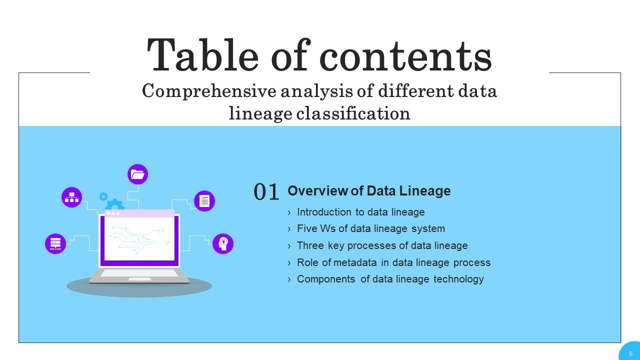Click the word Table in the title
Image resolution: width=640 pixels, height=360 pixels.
[x=203, y=55]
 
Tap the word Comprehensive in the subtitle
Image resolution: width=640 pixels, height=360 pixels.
[x=209, y=91]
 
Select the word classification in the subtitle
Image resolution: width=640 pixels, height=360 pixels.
[x=353, y=113]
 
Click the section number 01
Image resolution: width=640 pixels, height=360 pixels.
[x=266, y=191]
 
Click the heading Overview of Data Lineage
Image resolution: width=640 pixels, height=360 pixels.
[x=369, y=191]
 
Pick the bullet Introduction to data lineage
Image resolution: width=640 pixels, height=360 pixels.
[x=360, y=212]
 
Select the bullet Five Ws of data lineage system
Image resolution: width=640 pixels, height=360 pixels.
[x=371, y=229]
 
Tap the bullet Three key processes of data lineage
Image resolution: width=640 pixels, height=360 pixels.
[x=382, y=245]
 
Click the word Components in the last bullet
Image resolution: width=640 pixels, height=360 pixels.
[x=326, y=279]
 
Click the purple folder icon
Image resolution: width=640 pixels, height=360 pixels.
[x=137, y=174]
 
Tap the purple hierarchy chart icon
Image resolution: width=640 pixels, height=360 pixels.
[x=71, y=197]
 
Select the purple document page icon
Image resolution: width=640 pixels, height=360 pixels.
[x=204, y=201]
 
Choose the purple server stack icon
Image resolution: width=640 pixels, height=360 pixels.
[x=55, y=243]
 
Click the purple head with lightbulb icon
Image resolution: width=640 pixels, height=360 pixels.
[x=223, y=243]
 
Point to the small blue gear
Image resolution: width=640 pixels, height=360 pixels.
[x=103, y=196]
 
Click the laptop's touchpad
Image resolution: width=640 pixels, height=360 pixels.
[x=139, y=279]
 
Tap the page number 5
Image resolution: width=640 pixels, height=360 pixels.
[x=630, y=354]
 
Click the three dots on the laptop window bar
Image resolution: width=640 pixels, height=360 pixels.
[x=113, y=213]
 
